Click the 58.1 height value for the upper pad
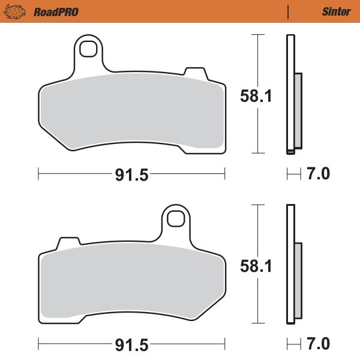coord(256,95)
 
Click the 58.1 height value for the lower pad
coord(256,265)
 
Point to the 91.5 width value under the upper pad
coord(131,175)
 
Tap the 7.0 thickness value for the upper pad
coord(318,175)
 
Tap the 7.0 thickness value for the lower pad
coord(318,344)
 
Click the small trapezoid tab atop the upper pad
coord(193,73)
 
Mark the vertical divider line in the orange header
coord(289,11)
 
